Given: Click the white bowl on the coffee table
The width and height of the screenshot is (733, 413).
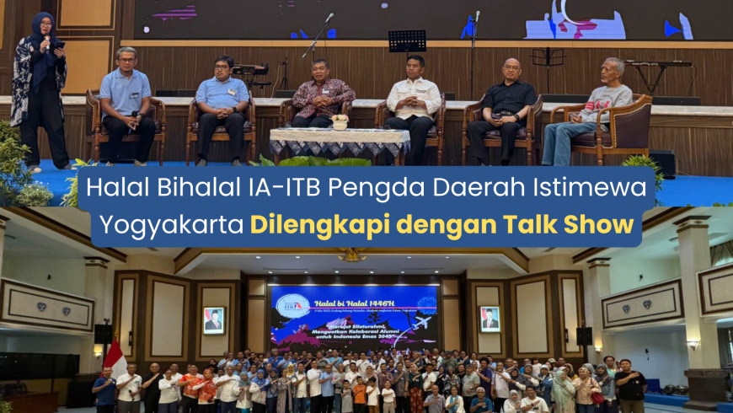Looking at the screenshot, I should pyautogui.click(x=340, y=122).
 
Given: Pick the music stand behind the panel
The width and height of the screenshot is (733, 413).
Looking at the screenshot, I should pyautogui.click(x=407, y=42).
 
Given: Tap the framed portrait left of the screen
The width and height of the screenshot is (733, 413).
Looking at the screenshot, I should pyautogui.click(x=214, y=319).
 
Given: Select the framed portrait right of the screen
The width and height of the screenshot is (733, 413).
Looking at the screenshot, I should pyautogui.click(x=490, y=319).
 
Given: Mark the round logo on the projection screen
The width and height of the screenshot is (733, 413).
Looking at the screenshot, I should pyautogui.click(x=292, y=303).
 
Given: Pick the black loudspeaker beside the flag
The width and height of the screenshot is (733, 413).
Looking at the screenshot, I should pyautogui.click(x=103, y=333).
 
